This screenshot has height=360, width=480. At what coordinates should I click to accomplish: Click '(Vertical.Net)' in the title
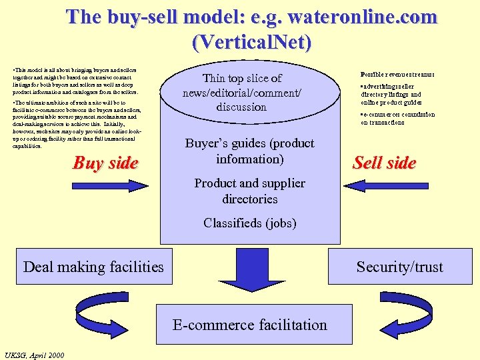tap(251, 42)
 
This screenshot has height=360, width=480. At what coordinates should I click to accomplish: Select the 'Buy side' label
tap(105, 163)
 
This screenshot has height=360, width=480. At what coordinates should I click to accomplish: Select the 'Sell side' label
tap(385, 163)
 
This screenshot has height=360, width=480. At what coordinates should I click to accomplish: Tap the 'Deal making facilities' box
tap(93, 267)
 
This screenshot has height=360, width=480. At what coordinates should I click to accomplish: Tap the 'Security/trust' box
tap(399, 267)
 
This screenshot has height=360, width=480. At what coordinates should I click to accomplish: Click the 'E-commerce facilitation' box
tap(250, 325)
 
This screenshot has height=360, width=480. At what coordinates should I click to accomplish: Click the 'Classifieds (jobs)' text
tap(250, 223)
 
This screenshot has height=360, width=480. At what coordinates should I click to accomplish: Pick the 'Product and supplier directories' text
tap(250, 191)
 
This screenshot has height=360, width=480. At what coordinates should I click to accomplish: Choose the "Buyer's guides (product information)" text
tap(250, 151)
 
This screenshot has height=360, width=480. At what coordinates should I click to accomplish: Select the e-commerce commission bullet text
tap(398, 118)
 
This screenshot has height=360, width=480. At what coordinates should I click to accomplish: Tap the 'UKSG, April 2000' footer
tap(34, 355)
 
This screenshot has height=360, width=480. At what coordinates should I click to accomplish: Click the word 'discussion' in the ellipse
tap(241, 107)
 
